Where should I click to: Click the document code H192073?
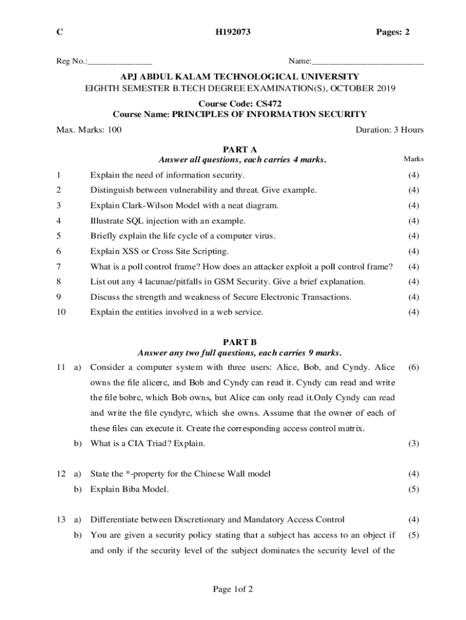[x=233, y=33]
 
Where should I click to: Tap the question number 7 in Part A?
[x=59, y=266]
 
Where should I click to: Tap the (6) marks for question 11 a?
[x=414, y=368]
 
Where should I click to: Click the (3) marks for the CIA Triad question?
[x=414, y=443]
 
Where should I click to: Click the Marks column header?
[x=413, y=159]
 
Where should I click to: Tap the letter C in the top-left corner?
[x=59, y=33]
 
